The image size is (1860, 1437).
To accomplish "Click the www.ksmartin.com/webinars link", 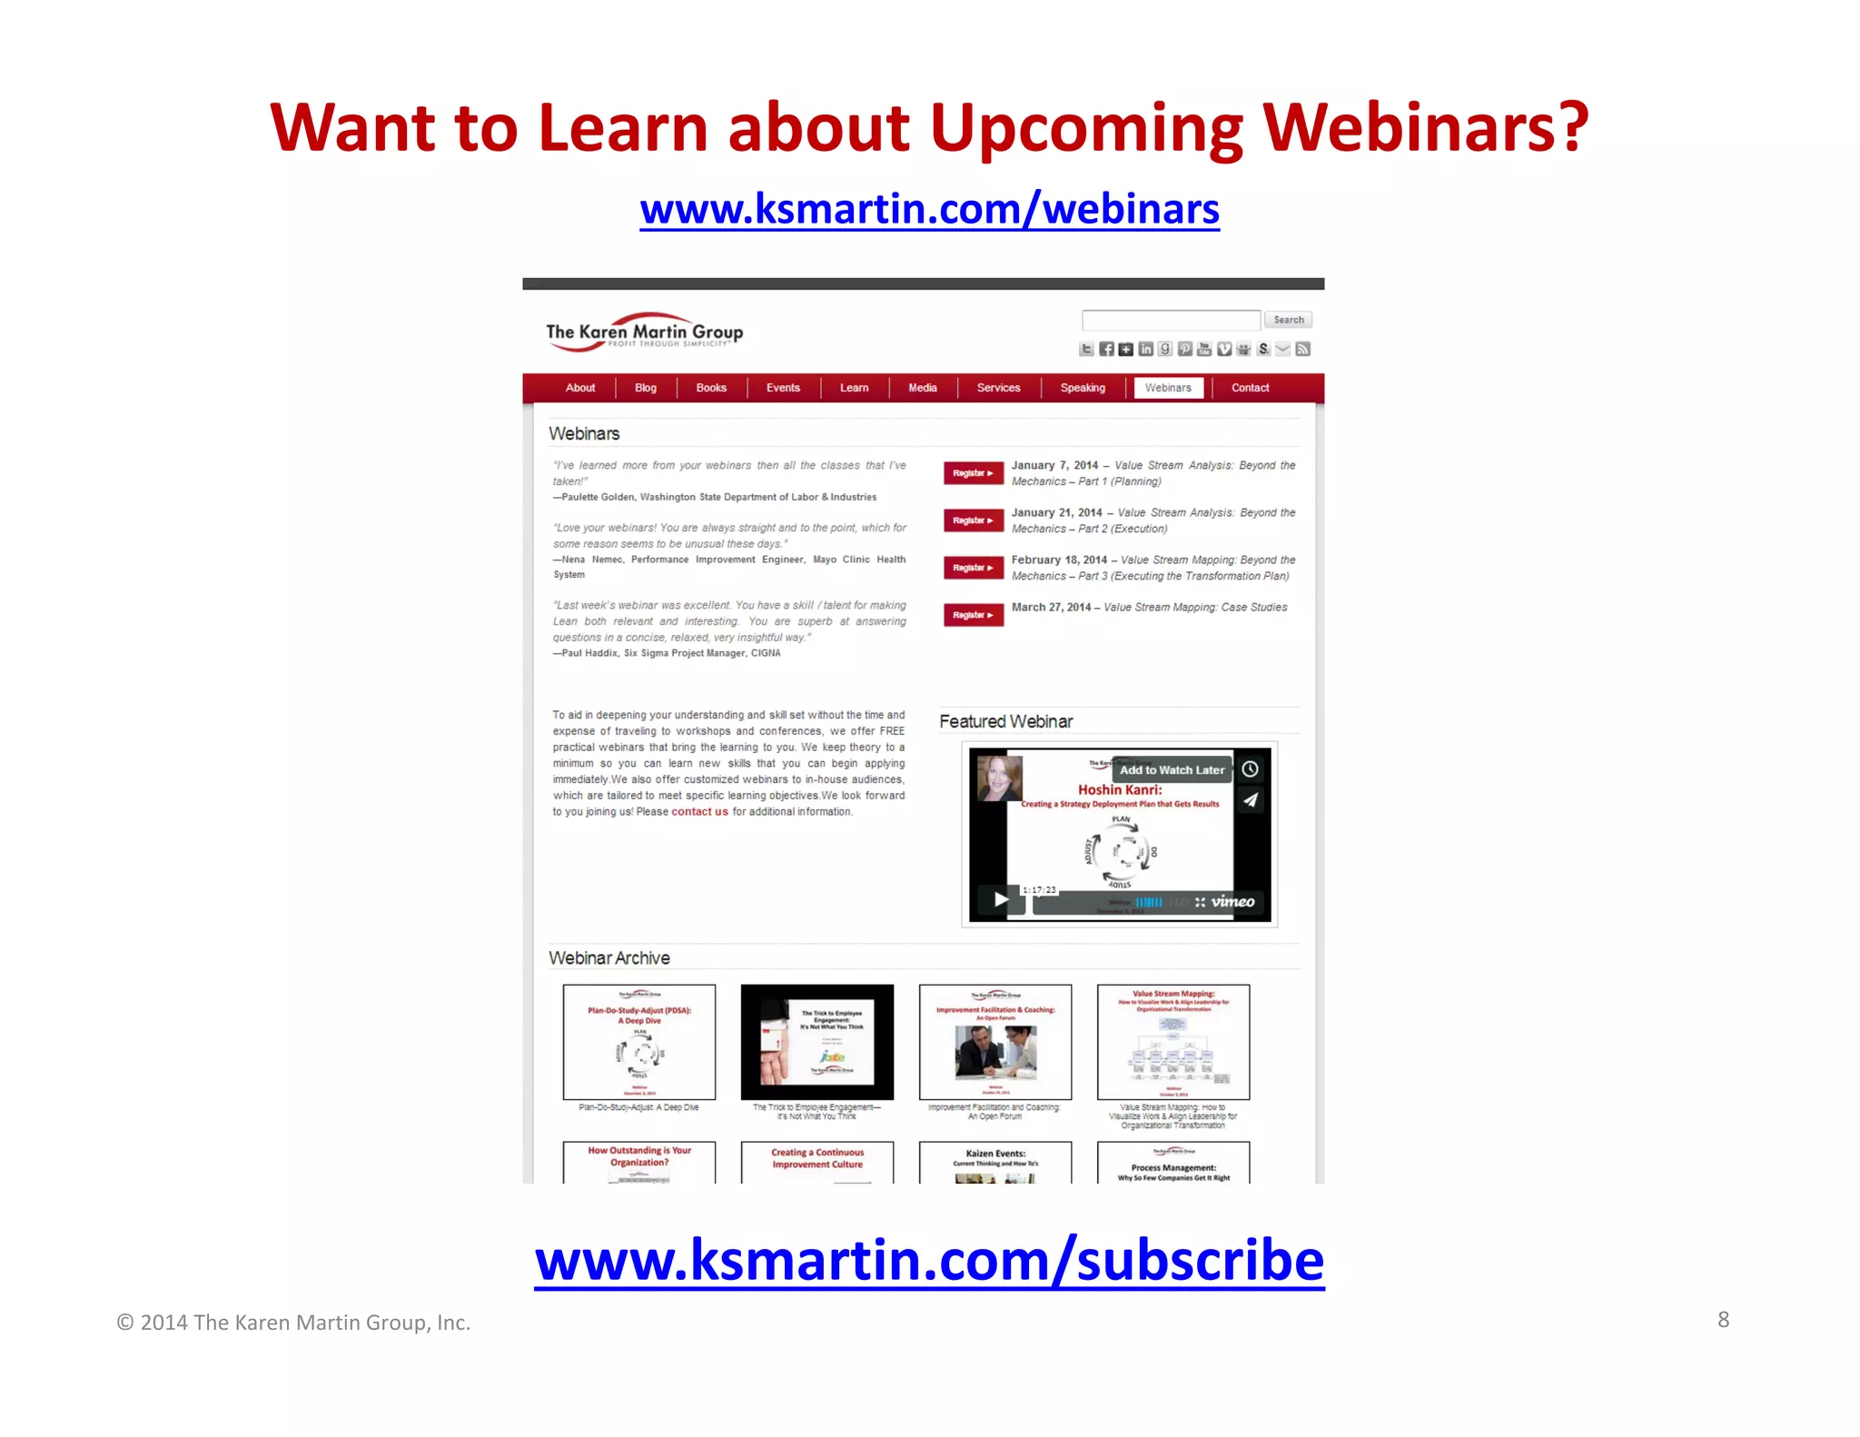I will point(929,210).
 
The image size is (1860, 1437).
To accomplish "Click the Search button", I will point(1288,320).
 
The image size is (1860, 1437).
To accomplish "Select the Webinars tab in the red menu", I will point(1168,388).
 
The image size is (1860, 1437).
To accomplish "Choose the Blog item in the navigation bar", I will point(646,388).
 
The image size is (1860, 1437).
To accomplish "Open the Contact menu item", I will point(1250,388).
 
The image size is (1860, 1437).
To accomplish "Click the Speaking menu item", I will point(1083,388).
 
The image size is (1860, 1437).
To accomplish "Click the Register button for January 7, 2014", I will point(973,473).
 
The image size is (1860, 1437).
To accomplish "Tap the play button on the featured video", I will point(1000,899).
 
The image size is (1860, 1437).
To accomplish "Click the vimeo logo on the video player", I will point(1232,902).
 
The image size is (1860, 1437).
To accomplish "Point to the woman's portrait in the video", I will point(999,778).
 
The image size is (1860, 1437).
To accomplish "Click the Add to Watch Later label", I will point(1172,770).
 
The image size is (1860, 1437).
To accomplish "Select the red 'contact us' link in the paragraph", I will point(699,812).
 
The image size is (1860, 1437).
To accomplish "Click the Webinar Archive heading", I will point(609,958).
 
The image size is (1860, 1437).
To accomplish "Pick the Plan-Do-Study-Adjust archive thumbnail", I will point(639,1042).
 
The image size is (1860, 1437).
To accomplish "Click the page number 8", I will point(1723,1320).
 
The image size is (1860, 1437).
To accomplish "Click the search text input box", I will point(1171,320).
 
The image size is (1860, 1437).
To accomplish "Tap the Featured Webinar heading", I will point(1005,721).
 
